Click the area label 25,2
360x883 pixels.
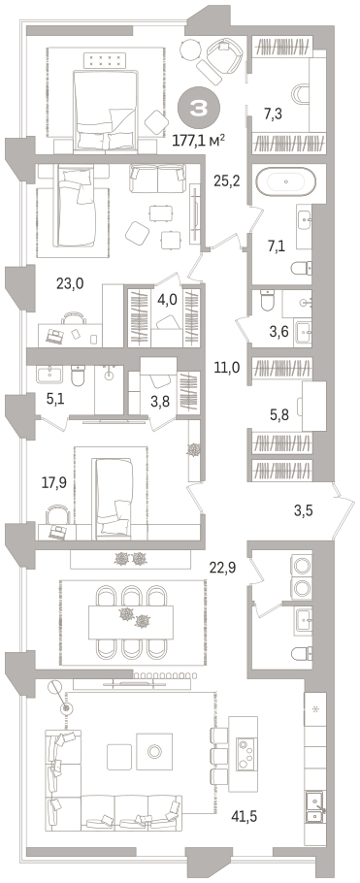point(227,180)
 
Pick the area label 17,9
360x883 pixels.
point(53,482)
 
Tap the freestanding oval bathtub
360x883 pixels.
point(285,181)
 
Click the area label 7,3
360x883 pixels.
point(273,114)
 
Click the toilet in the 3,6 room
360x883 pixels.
point(267,301)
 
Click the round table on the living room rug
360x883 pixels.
point(154,750)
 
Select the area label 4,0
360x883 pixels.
point(167,299)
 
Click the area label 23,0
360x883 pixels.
point(70,283)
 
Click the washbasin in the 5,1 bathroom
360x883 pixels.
point(51,375)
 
